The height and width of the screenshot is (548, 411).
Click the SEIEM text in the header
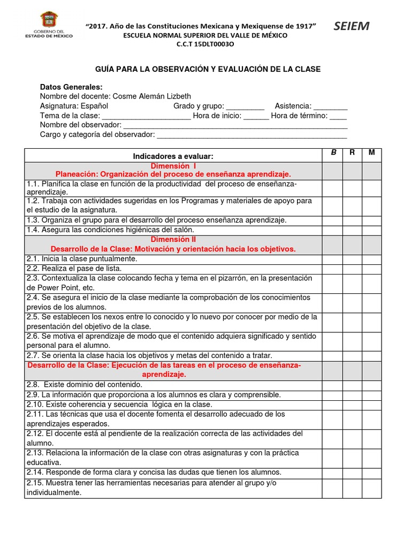351,27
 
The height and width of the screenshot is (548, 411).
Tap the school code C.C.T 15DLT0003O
205,44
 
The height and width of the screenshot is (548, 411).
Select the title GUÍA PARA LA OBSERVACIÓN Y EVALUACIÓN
208,70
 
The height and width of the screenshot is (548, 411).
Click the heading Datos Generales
71,87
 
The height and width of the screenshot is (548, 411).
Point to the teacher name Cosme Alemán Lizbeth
159,96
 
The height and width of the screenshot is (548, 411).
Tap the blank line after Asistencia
330,106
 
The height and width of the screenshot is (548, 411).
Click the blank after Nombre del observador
235,125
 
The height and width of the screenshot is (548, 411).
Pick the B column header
333,153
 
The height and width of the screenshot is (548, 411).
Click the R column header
352,153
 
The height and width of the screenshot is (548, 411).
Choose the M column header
372,153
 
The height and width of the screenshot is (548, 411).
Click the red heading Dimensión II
173,240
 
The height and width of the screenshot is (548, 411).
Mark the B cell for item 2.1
333,259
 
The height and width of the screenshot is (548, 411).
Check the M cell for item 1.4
372,230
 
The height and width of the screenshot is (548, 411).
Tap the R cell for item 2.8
352,385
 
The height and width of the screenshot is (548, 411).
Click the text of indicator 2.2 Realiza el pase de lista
74,269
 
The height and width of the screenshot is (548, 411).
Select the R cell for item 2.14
352,473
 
